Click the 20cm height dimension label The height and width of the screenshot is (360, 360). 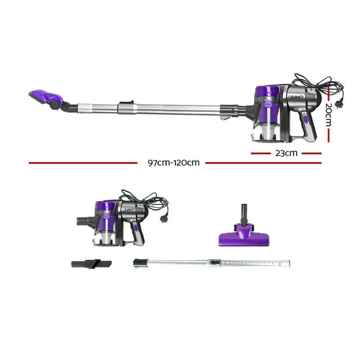(x=328, y=117)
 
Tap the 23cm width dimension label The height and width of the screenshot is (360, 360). (x=286, y=153)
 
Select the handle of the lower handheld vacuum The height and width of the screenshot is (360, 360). (x=138, y=230)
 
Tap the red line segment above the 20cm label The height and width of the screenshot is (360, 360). (x=328, y=91)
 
